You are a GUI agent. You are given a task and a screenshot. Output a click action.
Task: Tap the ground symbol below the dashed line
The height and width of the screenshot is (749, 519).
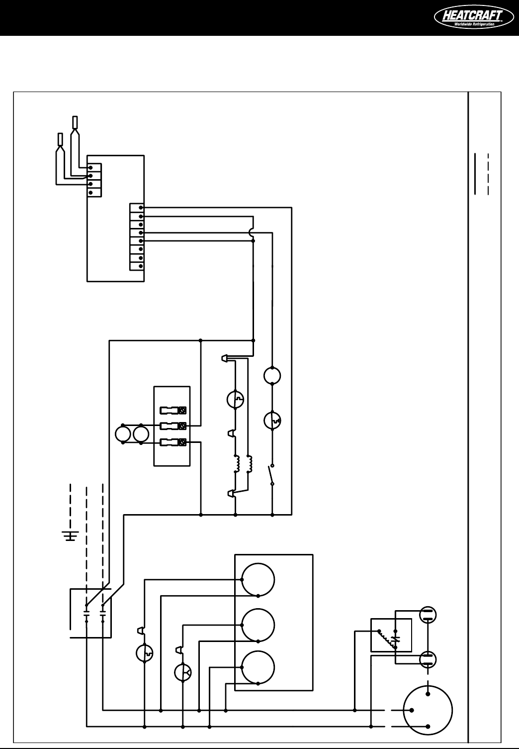71,535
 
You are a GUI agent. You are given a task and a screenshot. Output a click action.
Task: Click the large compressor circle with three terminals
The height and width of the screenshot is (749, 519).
428,709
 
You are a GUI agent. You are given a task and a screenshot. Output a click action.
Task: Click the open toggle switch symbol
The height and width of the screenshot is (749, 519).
272,475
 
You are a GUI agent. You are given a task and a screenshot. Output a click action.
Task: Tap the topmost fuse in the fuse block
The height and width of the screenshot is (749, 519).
173,411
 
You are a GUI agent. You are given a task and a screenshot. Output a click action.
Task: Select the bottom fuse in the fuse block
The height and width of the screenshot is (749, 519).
173,442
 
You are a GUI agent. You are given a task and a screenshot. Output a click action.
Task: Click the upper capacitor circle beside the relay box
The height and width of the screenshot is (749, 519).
428,615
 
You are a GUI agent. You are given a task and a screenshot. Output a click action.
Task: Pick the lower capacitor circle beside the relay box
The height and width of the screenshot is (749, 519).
428,660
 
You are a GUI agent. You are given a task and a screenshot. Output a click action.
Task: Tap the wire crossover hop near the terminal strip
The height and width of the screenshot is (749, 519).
253,231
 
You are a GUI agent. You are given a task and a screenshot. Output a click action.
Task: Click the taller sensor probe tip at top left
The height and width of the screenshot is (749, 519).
75,122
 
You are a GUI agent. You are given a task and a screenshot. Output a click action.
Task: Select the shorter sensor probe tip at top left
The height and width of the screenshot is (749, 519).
60,139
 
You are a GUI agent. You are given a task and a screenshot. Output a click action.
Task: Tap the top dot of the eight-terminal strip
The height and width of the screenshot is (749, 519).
142,208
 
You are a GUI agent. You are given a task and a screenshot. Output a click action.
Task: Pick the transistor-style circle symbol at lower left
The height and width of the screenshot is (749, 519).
183,672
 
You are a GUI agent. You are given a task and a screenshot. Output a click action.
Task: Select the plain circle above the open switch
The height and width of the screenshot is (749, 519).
272,376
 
